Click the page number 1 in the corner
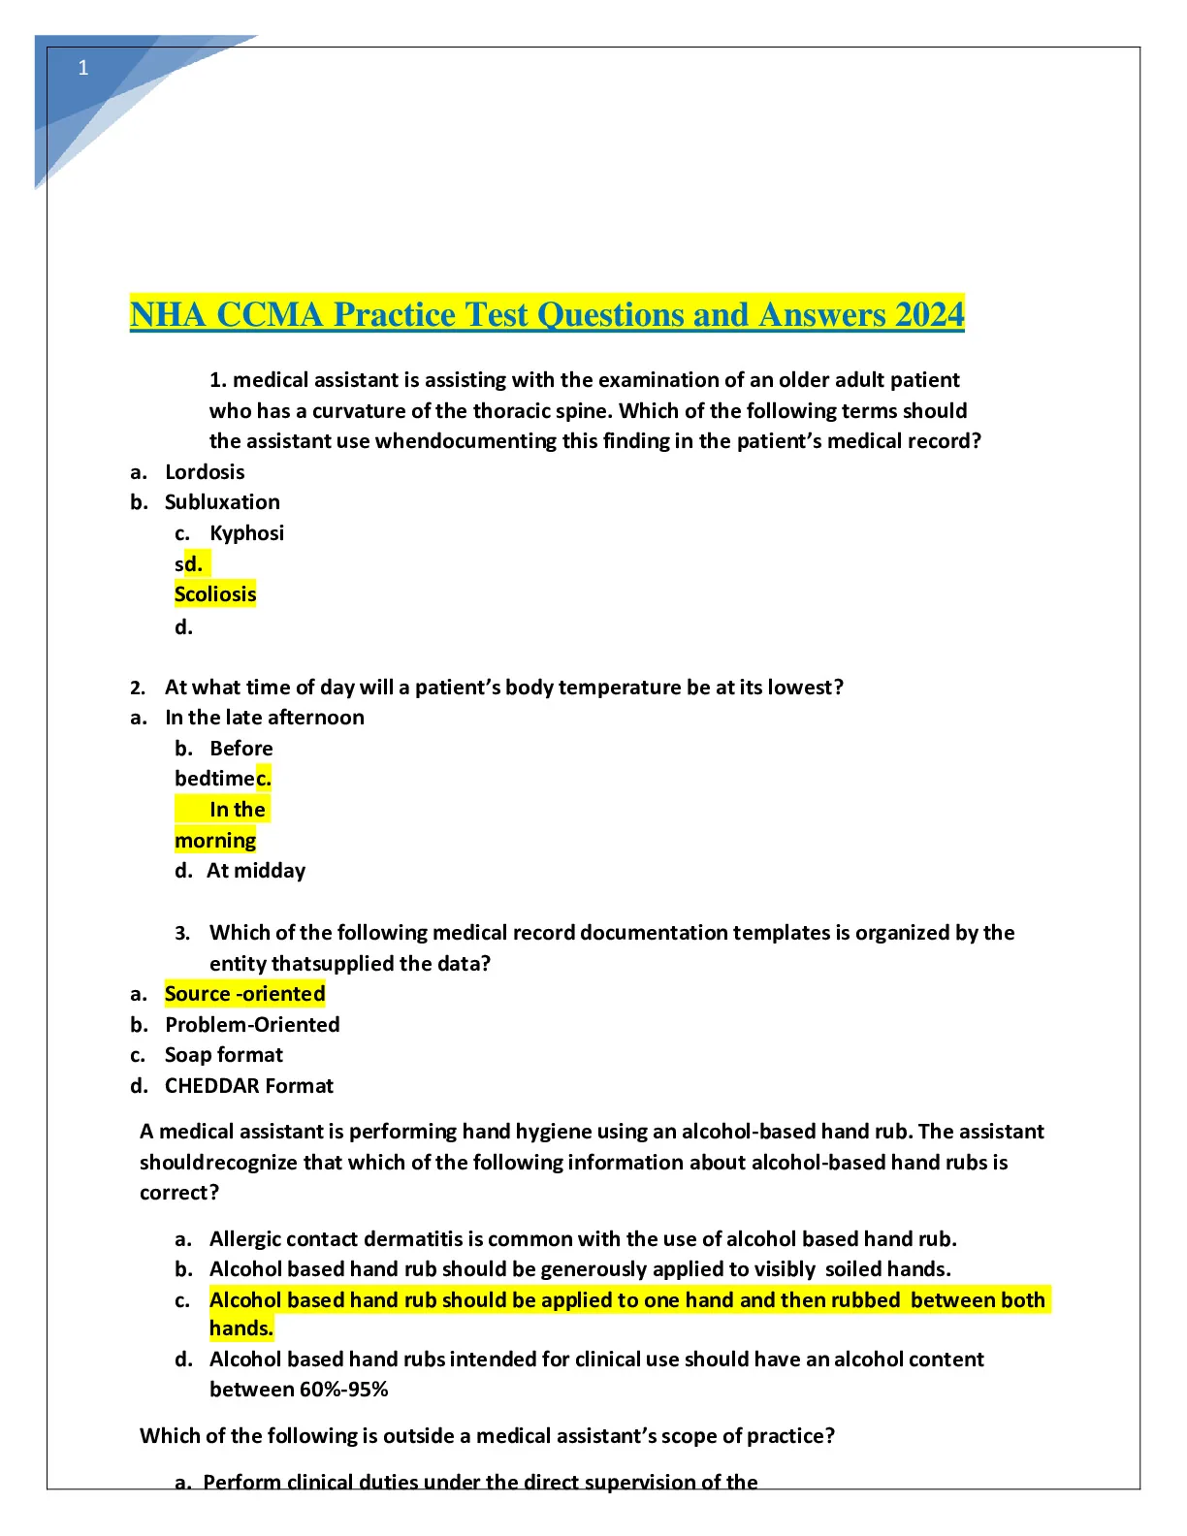[83, 68]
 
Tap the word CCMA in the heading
[269, 315]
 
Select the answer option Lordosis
[205, 472]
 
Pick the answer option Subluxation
[222, 502]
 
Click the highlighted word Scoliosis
[215, 594]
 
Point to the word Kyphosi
[246, 533]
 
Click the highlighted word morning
[215, 841]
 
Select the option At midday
[256, 871]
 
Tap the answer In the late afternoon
[265, 718]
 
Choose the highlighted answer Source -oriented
[244, 994]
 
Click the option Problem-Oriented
[252, 1025]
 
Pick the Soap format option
[224, 1055]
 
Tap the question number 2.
[138, 688]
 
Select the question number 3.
[182, 934]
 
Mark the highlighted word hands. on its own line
[241, 1328]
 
